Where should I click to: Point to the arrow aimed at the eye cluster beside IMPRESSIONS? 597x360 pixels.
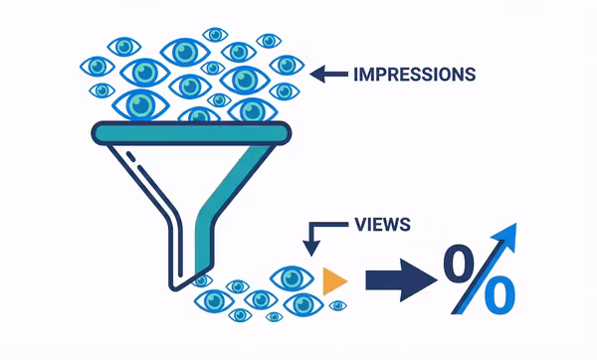[x=329, y=74]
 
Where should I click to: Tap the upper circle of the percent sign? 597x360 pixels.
[x=459, y=265]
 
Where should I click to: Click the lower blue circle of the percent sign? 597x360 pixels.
[x=500, y=295]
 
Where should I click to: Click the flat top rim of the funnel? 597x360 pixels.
[x=189, y=130]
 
